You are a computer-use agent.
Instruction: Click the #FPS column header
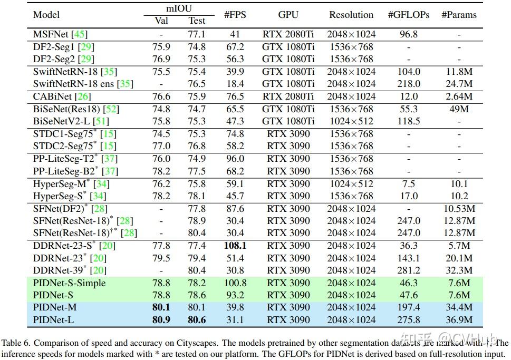click(x=235, y=15)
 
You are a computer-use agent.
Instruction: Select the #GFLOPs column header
click(x=409, y=15)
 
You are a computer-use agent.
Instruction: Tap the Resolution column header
click(x=351, y=15)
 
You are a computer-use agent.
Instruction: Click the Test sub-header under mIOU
click(x=197, y=21)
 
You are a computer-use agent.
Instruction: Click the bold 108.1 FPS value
click(x=235, y=246)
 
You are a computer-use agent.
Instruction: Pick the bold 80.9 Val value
click(x=161, y=320)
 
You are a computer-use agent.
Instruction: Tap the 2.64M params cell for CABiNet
click(x=459, y=96)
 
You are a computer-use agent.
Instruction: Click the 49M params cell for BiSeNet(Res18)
click(x=459, y=109)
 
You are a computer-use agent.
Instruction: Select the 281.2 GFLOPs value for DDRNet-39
click(x=409, y=270)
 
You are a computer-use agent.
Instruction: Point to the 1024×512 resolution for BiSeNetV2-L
click(x=351, y=121)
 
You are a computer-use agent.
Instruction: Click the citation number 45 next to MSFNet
click(x=80, y=34)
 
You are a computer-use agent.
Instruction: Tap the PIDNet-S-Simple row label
click(x=69, y=283)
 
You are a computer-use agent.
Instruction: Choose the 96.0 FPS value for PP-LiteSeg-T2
click(x=235, y=159)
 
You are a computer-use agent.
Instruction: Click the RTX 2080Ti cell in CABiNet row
click(x=288, y=96)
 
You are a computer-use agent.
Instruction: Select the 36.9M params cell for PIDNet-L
click(x=459, y=320)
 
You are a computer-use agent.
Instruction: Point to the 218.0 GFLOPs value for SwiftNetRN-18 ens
click(x=409, y=84)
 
